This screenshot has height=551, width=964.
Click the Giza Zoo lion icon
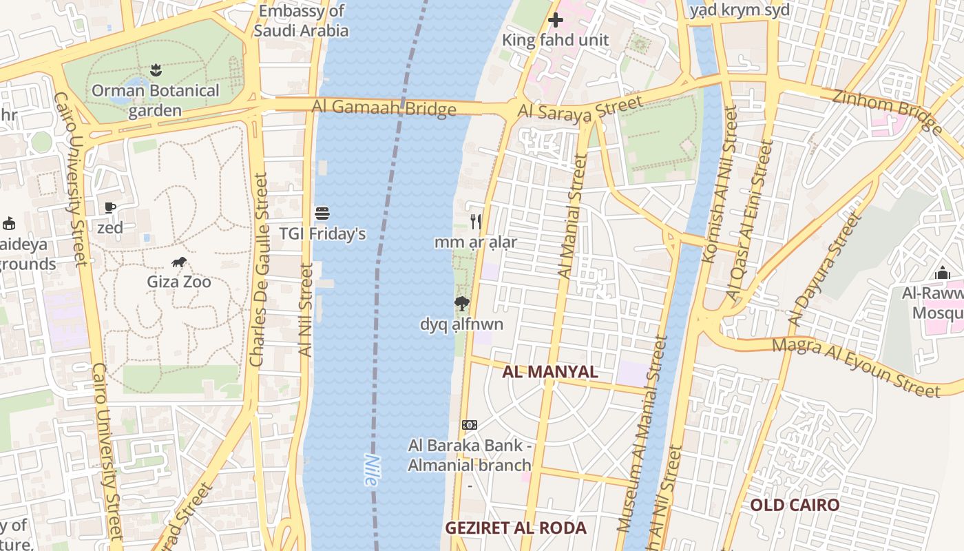click(179, 262)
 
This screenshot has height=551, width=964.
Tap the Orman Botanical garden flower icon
click(156, 70)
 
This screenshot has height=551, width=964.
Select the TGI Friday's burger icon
click(322, 214)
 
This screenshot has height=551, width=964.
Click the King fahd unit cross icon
click(556, 20)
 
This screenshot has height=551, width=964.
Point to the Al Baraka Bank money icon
click(470, 424)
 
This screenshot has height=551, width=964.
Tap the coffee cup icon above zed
click(110, 207)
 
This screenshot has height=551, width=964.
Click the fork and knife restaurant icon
click(475, 221)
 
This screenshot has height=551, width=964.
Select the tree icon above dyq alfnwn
click(461, 303)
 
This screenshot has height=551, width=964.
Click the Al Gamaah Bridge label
click(384, 107)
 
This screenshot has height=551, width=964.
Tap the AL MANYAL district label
click(549, 372)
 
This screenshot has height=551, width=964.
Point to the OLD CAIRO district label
click(795, 505)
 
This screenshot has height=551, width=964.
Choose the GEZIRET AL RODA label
click(516, 528)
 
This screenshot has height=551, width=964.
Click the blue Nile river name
click(371, 470)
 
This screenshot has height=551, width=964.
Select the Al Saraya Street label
click(580, 110)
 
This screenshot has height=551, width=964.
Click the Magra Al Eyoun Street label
click(856, 367)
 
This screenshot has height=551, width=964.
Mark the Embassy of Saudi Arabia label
click(301, 21)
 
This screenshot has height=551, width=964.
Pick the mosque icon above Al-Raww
click(943, 273)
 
